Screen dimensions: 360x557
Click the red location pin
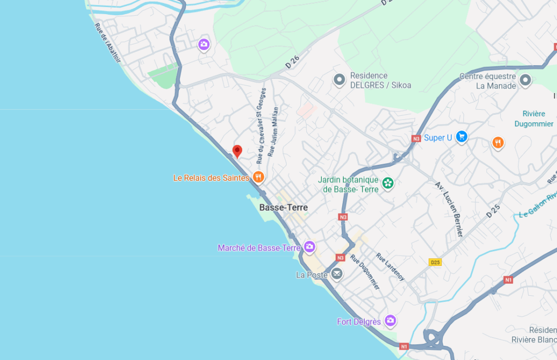point(237,151)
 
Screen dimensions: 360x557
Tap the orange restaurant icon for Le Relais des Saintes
point(258,177)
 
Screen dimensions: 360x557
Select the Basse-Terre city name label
point(283,208)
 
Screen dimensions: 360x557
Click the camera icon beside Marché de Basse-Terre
point(310,247)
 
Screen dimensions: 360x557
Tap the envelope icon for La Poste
point(337,274)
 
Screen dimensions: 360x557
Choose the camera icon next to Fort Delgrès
point(390,321)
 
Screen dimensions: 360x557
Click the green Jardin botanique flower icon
point(388,183)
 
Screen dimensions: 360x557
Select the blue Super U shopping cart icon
point(462,137)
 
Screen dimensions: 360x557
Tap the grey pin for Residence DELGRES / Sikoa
point(339,80)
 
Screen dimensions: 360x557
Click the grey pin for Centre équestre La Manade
point(525,80)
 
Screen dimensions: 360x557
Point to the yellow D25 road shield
point(435,262)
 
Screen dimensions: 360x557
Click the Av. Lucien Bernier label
point(449,209)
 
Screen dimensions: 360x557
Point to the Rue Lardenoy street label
point(390,267)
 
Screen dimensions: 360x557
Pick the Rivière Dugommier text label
point(533,119)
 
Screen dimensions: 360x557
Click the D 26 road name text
point(293,61)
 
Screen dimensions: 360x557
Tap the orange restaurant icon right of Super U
point(498,143)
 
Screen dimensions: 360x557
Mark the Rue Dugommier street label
point(365,272)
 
